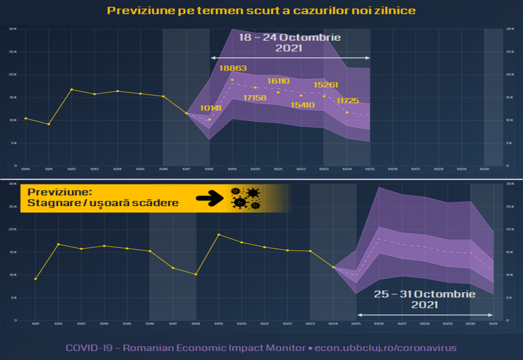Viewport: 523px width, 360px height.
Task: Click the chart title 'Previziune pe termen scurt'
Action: pos(261,10)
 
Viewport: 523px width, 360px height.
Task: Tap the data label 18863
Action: pos(233,68)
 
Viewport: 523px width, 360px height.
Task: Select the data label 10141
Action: pos(211,108)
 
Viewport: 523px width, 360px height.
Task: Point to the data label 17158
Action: pos(255,97)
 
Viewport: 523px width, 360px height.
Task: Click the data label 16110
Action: pos(278,81)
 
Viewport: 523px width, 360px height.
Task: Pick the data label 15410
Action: pos(302,105)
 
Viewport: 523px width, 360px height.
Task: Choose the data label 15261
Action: pos(326,85)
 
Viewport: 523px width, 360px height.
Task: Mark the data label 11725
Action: pos(348,100)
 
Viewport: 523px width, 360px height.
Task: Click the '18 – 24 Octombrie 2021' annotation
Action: pos(290,42)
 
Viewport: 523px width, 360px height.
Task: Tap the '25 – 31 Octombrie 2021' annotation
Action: pos(425,299)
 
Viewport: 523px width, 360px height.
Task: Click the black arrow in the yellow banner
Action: pos(210,198)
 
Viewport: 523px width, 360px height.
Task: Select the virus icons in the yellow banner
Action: pos(245,198)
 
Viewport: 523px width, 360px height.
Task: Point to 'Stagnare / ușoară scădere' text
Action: pos(103,203)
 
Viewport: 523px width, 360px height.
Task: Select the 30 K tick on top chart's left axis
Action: pos(13,29)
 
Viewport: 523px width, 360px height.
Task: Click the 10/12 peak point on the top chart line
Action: pos(72,89)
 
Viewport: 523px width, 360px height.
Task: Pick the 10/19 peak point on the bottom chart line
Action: pos(219,234)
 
